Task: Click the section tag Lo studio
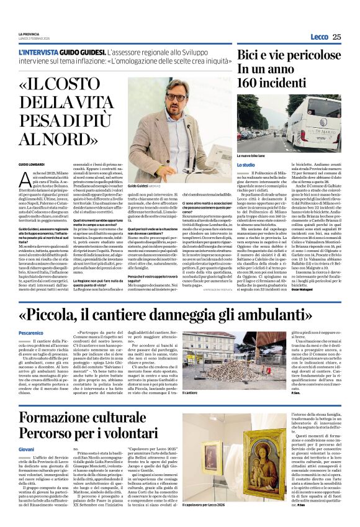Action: [x=245, y=164]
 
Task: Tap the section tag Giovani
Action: [x=26, y=448]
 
